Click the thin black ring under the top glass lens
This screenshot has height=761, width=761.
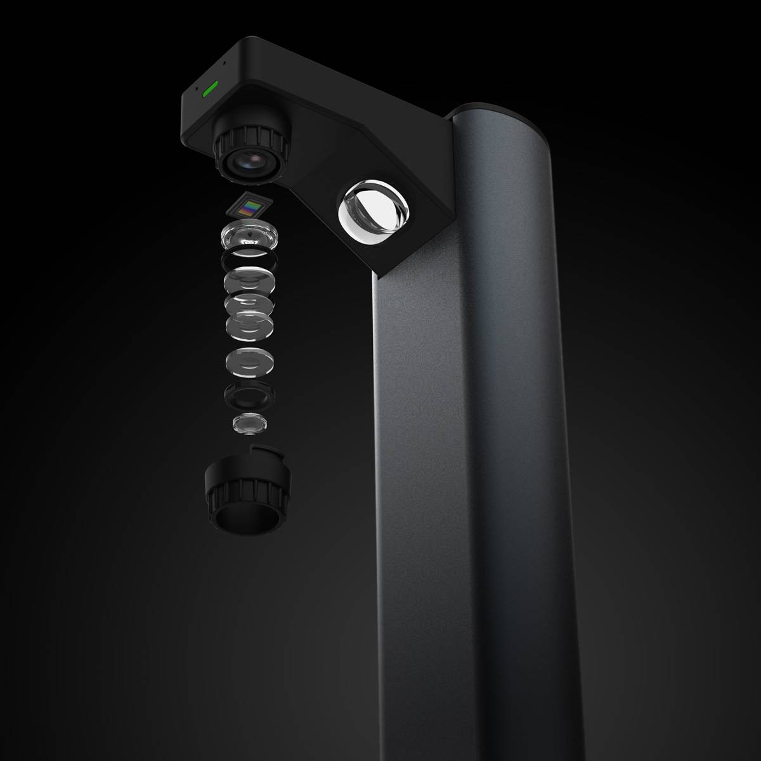pyautogui.click(x=249, y=259)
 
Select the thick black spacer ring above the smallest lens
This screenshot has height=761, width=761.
pyautogui.click(x=249, y=396)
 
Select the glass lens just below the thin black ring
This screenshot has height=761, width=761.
pyautogui.click(x=249, y=279)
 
